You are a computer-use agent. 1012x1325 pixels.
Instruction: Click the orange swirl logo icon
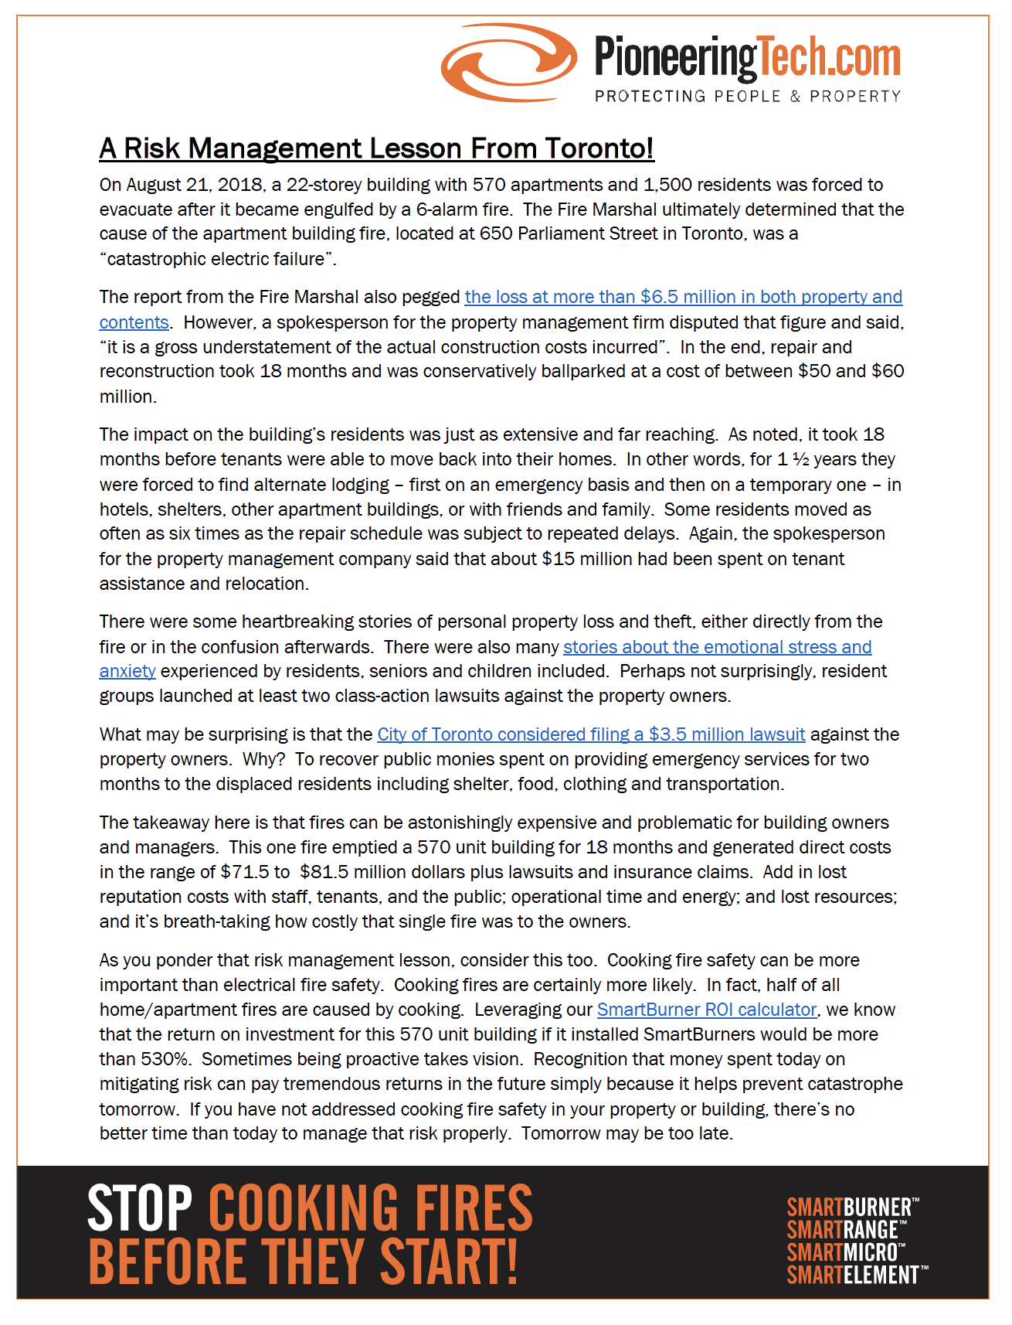pos(508,62)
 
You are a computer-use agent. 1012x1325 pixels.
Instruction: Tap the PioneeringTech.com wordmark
pos(747,59)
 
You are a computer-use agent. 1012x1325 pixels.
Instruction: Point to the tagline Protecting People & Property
pos(747,97)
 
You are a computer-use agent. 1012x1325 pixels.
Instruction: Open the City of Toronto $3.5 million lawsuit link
pos(591,734)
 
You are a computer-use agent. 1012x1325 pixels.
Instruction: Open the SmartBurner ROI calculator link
pos(707,1010)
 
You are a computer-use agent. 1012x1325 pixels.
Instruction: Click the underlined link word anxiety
pos(127,671)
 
